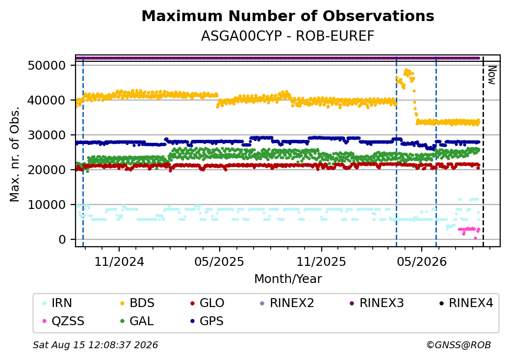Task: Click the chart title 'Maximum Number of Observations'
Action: click(288, 16)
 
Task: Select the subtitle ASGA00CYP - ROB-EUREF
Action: click(288, 36)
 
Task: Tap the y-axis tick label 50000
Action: click(47, 65)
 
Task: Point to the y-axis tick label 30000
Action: click(47, 135)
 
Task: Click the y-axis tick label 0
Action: click(62, 240)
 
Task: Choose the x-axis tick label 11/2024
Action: click(119, 261)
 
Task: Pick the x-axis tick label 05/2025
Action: click(220, 261)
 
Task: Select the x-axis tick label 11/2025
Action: click(321, 261)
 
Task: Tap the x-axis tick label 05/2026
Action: click(422, 261)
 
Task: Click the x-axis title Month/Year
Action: click(288, 279)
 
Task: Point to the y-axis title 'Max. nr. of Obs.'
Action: click(15, 154)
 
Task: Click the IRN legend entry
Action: click(57, 303)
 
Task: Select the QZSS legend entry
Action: click(63, 321)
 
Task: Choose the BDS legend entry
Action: click(137, 303)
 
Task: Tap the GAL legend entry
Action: click(137, 321)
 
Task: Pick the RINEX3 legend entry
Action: click(377, 303)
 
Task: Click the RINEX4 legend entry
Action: click(466, 303)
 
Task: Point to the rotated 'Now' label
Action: click(492, 75)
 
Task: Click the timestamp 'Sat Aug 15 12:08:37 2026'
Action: click(95, 345)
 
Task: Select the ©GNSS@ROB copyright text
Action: click(459, 345)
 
